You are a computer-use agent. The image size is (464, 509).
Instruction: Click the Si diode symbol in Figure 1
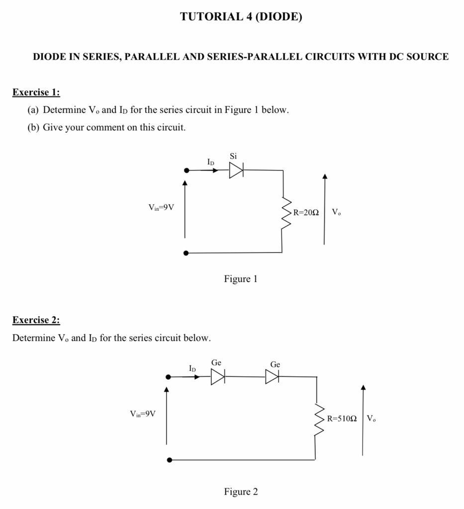point(236,170)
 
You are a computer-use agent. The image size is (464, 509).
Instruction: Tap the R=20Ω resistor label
point(305,212)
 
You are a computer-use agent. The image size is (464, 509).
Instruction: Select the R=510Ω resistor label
point(342,419)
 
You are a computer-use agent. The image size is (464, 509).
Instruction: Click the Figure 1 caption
point(241,279)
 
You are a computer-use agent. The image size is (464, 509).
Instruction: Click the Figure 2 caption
point(241,492)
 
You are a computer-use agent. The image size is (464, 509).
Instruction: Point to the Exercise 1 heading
point(36,92)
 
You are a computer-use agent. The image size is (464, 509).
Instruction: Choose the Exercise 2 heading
point(36,320)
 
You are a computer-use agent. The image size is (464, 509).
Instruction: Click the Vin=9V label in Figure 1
point(161,207)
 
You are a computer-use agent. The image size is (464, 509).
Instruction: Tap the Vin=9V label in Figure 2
point(143,414)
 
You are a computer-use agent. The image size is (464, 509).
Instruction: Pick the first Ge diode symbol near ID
point(218,377)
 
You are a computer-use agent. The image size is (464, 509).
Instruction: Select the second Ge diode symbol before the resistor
point(272,377)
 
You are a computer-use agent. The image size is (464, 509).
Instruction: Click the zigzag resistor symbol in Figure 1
point(286,213)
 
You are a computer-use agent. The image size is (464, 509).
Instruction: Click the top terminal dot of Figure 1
point(186,170)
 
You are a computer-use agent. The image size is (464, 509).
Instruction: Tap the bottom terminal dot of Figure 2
point(170,460)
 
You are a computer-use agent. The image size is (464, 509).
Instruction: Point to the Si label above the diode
point(233,156)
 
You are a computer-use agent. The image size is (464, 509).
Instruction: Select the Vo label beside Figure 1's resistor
point(336,212)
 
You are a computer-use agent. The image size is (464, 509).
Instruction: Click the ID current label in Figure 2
point(192,369)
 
